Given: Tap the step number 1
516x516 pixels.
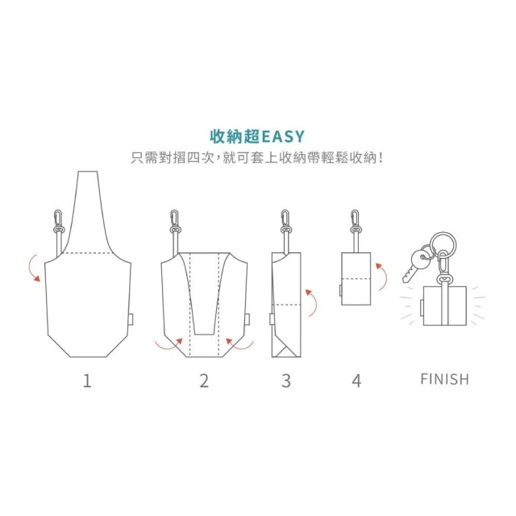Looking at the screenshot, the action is click(87, 381).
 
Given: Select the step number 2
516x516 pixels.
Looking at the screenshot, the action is click(204, 381).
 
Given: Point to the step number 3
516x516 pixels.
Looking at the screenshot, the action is click(286, 381).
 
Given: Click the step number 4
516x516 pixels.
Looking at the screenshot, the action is click(356, 381).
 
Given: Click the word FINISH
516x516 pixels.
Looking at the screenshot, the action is click(444, 379).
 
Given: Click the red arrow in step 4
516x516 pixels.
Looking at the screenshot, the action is click(384, 276).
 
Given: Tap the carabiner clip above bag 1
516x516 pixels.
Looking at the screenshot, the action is click(58, 218).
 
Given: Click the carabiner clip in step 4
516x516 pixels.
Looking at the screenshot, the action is click(355, 218).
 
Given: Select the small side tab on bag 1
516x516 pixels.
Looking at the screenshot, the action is click(131, 319).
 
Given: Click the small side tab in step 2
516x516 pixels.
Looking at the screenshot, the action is click(248, 319).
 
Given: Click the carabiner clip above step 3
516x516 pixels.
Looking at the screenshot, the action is click(285, 218).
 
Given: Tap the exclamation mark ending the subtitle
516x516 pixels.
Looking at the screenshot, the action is click(381, 158).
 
